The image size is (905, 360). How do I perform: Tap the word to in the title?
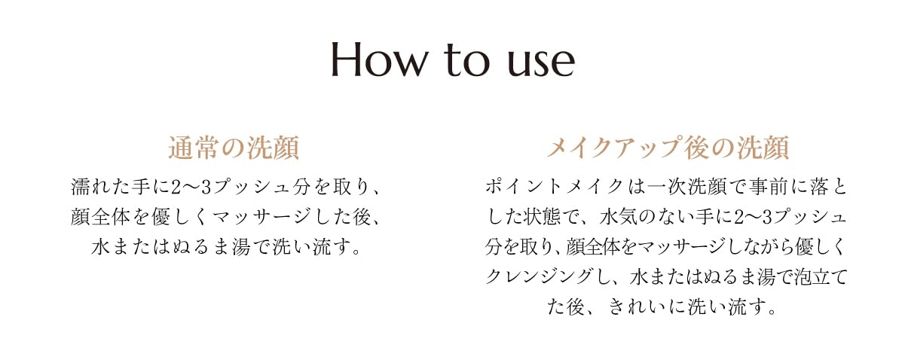click(x=466, y=62)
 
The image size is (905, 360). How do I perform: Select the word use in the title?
click(x=540, y=66)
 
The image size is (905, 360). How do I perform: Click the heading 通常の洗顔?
click(x=234, y=148)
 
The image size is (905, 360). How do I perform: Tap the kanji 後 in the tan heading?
click(x=696, y=148)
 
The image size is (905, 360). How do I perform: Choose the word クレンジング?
click(x=540, y=277)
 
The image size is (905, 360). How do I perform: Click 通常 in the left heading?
click(x=194, y=148)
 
